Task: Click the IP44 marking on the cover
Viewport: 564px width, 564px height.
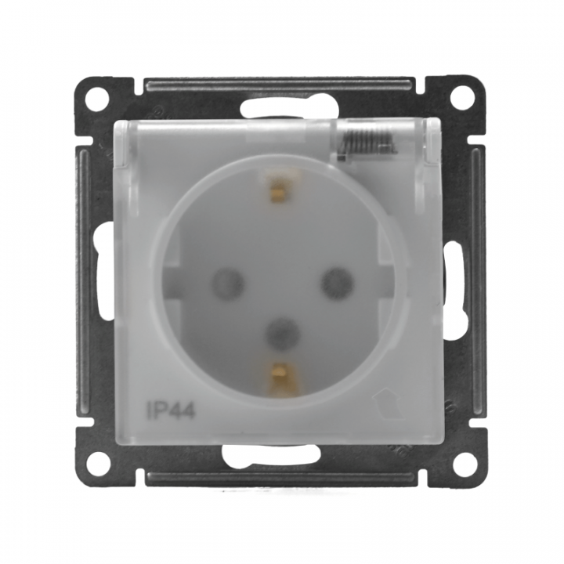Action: coord(171,410)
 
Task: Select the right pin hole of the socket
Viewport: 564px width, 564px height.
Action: coord(337,281)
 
